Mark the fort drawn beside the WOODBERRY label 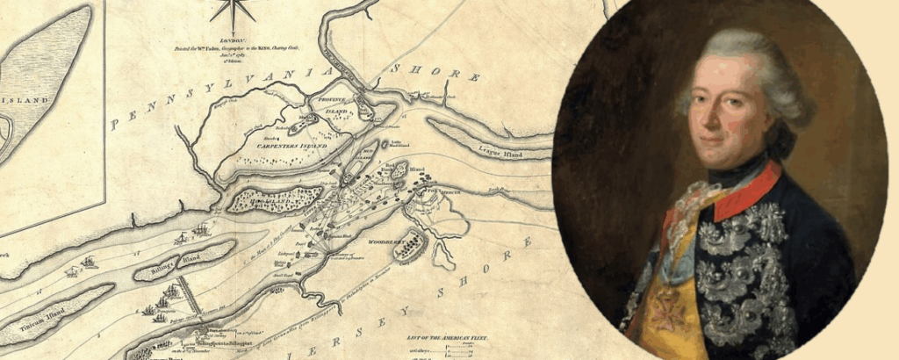tap(410, 248)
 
